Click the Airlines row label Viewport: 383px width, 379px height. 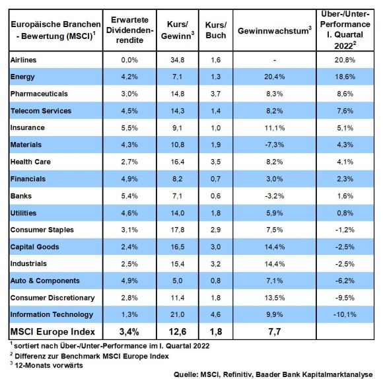(x=24, y=60)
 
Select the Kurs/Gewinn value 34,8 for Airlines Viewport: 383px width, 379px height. (x=178, y=60)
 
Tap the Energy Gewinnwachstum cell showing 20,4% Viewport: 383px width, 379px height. (x=274, y=77)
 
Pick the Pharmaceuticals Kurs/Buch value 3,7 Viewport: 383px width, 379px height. (x=216, y=94)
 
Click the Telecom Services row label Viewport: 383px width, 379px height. (x=41, y=111)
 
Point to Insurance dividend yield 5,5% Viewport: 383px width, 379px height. (x=129, y=128)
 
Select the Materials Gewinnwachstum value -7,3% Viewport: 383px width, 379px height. (x=274, y=145)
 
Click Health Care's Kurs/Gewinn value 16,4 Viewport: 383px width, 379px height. (x=178, y=162)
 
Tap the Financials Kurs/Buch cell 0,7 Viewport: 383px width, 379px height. (x=216, y=179)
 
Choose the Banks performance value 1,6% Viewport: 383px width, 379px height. (x=345, y=196)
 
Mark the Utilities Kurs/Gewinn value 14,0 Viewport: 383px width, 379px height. (x=178, y=213)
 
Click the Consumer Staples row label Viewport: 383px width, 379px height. (x=42, y=230)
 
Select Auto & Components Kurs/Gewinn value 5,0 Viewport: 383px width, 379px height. (x=178, y=281)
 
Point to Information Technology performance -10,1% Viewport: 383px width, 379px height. (x=345, y=314)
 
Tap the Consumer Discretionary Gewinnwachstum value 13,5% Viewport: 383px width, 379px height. (x=274, y=298)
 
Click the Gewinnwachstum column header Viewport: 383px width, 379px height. (x=275, y=30)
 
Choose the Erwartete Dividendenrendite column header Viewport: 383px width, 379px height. (x=129, y=30)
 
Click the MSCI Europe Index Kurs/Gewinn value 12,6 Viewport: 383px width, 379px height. (x=178, y=331)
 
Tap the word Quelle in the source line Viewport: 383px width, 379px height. (x=186, y=374)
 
